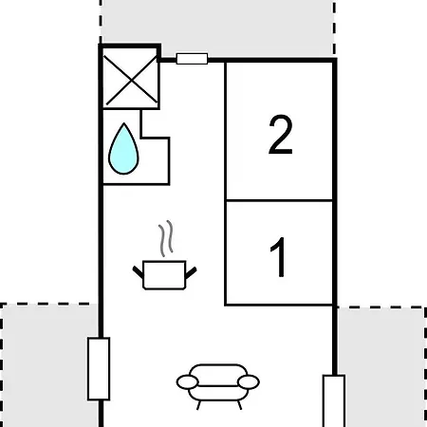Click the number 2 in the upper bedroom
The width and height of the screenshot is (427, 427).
[281, 135]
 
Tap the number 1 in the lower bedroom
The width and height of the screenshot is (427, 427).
[278, 257]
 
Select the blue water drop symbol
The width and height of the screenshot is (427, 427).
[123, 149]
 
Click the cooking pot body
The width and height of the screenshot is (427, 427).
[164, 275]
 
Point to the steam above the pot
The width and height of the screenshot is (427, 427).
[166, 238]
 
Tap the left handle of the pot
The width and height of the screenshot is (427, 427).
[138, 272]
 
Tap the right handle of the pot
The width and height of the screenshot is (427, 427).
[191, 272]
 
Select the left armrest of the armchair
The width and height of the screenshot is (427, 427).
[188, 382]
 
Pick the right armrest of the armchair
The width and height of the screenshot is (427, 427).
[249, 382]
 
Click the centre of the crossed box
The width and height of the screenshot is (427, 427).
[131, 81]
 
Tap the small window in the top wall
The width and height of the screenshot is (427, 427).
[192, 59]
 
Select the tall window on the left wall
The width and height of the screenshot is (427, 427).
[99, 369]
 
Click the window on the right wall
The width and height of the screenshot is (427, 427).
[334, 401]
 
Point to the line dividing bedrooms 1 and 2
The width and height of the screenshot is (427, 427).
[280, 200]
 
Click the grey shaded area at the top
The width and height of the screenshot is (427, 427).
[217, 28]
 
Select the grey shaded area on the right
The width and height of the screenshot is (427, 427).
[381, 367]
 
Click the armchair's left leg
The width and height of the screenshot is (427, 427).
[198, 405]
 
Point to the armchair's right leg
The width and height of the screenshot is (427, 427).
[239, 405]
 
